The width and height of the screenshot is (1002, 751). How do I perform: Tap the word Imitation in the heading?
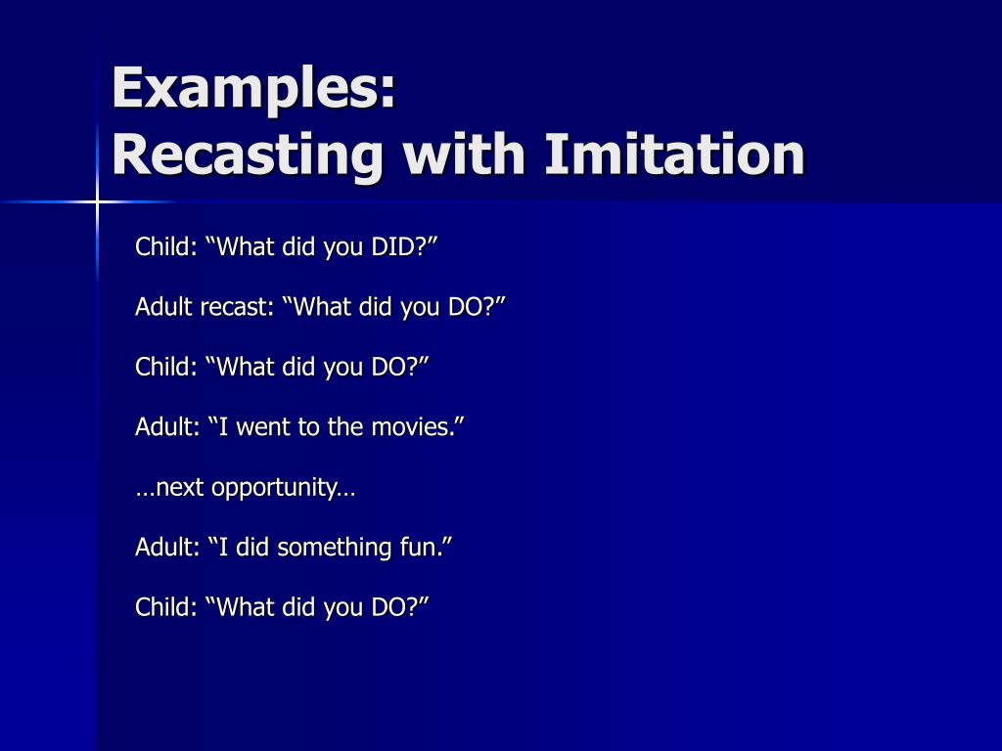(x=675, y=155)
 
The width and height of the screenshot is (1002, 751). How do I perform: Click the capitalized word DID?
(x=403, y=246)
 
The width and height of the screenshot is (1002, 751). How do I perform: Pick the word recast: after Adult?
(x=238, y=307)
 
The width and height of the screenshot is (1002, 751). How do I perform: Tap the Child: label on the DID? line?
(x=167, y=246)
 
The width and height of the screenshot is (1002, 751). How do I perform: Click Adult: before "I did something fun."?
(x=167, y=548)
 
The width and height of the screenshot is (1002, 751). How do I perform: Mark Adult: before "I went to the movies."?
(x=167, y=427)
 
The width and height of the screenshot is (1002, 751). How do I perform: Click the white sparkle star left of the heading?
(x=98, y=202)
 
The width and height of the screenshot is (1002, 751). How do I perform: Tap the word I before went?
(x=224, y=427)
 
